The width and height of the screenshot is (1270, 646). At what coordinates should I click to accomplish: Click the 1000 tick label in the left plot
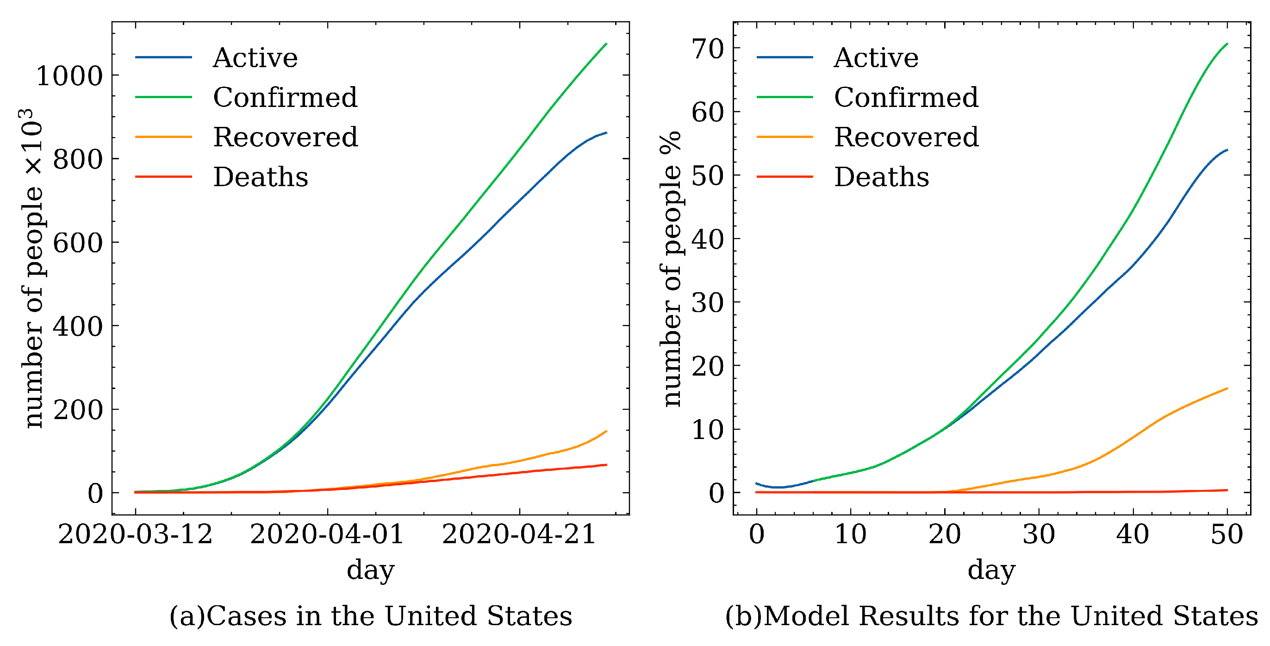[69, 76]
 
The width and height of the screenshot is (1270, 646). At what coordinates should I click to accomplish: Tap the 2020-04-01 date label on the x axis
[327, 534]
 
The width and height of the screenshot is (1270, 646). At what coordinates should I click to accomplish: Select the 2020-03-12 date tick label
[135, 534]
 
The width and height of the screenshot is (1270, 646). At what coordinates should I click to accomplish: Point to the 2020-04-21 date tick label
[519, 534]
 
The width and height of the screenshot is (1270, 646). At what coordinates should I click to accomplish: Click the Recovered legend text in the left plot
[286, 137]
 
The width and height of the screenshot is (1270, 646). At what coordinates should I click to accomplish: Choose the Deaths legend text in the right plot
[882, 177]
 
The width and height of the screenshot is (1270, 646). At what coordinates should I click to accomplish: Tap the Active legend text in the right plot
[876, 58]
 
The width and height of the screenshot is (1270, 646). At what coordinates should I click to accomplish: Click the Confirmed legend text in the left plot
[285, 97]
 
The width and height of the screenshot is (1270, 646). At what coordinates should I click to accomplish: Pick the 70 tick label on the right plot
[708, 49]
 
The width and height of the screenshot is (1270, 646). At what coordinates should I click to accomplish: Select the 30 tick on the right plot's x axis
[1039, 534]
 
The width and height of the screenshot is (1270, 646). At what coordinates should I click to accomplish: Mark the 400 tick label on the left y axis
[78, 326]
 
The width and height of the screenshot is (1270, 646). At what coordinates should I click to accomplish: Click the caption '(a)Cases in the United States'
[371, 616]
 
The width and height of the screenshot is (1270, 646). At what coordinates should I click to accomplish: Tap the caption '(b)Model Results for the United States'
[992, 616]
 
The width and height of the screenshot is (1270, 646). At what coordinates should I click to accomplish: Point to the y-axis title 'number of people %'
[672, 269]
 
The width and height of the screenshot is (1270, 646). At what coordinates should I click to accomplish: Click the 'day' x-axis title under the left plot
[371, 571]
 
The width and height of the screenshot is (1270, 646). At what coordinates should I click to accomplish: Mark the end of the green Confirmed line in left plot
[606, 44]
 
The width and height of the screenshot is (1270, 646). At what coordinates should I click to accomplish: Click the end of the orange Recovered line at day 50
[1227, 389]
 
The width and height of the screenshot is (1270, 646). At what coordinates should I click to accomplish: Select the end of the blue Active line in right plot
[1227, 150]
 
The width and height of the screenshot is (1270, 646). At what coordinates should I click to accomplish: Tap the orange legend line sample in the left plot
[163, 137]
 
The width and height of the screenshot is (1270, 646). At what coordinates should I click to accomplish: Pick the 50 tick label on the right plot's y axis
[708, 176]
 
